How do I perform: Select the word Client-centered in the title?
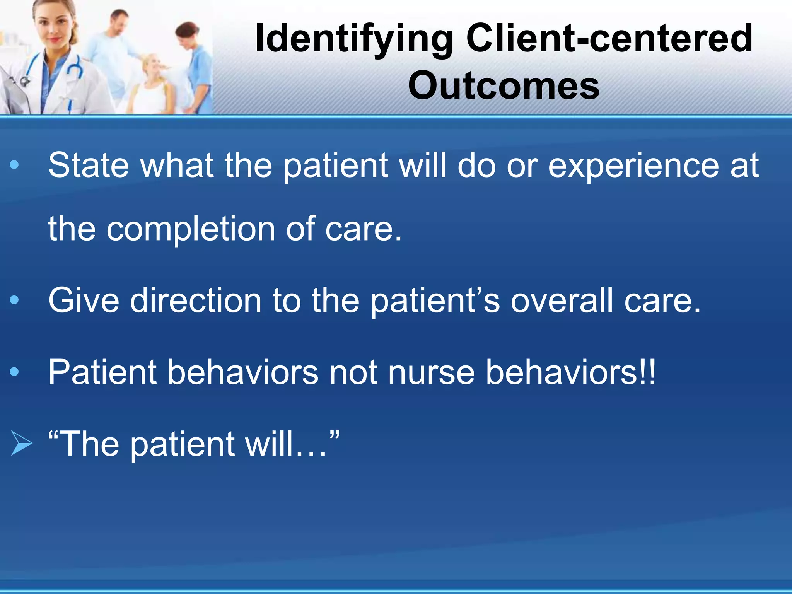(x=609, y=38)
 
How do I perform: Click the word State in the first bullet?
(x=88, y=166)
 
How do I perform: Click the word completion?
(x=191, y=229)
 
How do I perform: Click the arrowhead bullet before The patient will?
(x=21, y=444)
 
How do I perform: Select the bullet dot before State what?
(x=14, y=166)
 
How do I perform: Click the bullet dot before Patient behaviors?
(x=14, y=372)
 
